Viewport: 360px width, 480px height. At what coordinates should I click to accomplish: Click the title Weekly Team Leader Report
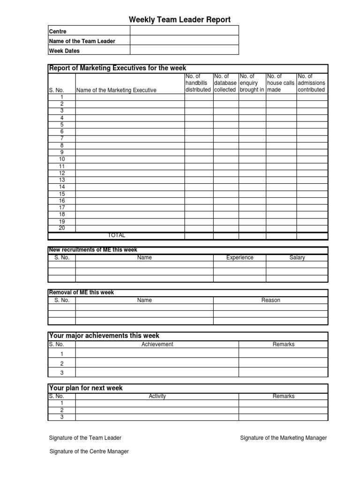[180, 19]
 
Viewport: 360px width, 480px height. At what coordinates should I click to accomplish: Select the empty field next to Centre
[184, 31]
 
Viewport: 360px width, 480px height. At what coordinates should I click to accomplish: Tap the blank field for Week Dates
[184, 50]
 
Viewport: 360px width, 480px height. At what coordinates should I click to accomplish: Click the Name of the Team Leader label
[82, 41]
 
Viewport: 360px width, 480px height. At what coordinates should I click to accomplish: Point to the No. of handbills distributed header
[198, 83]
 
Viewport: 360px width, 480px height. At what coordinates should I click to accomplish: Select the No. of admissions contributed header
[311, 83]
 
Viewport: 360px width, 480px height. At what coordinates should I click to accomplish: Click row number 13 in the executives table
[62, 180]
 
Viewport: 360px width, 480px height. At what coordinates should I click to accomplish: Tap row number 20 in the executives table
[62, 228]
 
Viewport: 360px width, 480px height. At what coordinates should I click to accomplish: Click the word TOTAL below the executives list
[117, 235]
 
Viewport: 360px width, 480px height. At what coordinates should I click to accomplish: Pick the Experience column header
[240, 257]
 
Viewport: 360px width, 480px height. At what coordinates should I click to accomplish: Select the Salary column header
[297, 257]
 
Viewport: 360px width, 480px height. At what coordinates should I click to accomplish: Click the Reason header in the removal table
[270, 300]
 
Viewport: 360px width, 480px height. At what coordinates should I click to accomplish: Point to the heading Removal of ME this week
[82, 292]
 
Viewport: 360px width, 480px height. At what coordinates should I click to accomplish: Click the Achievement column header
[157, 344]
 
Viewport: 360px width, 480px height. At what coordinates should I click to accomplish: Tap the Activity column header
[157, 396]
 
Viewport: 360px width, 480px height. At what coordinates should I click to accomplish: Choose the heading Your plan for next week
[86, 388]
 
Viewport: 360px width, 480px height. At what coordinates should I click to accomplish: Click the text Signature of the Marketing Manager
[283, 438]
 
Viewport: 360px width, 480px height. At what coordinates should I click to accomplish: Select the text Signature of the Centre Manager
[89, 451]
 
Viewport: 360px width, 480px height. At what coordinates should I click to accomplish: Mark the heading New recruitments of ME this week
[93, 250]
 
